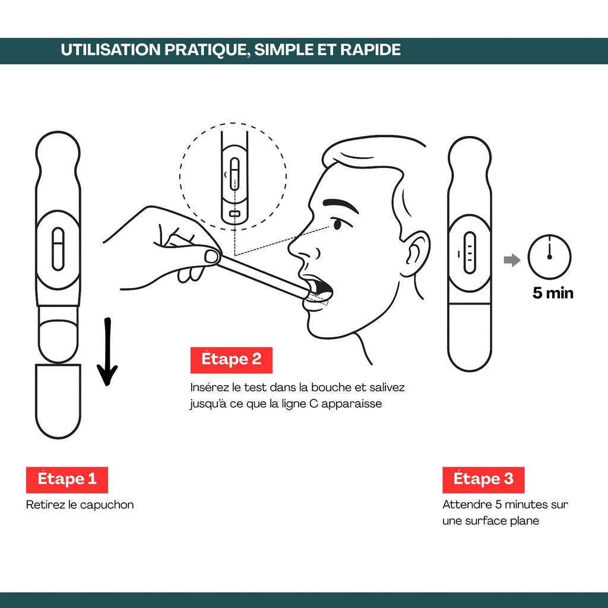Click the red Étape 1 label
pos(66,480)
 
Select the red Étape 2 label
pos(231,360)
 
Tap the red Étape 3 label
pos(483,480)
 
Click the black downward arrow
pos(107,351)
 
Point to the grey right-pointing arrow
pos(512,260)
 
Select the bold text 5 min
pos(553,293)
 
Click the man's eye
pos(337,224)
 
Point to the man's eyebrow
pos(340,205)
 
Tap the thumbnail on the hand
pos(211,256)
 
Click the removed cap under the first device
pos(58,401)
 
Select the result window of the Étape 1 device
pos(58,249)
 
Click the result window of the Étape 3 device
pos(470,253)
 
